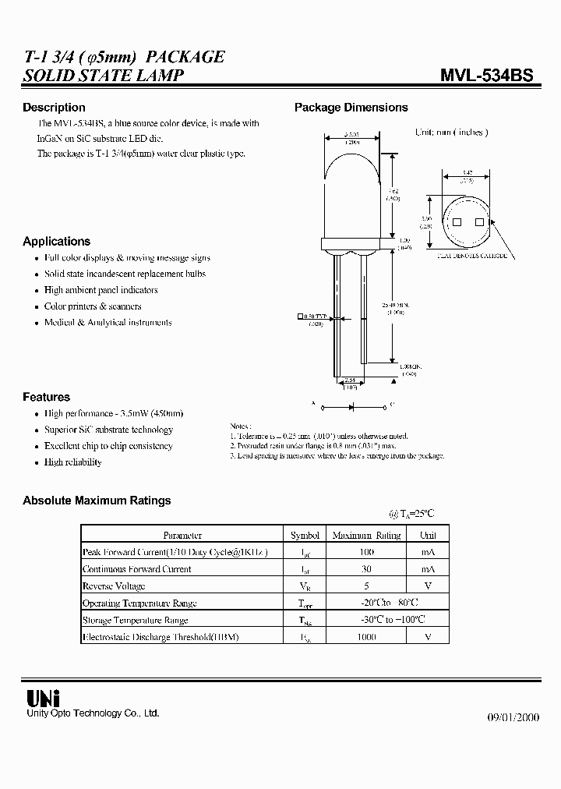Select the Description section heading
tap(54, 108)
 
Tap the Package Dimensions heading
tap(351, 108)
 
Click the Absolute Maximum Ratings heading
tap(97, 501)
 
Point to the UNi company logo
tap(38, 696)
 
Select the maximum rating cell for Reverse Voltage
tap(366, 586)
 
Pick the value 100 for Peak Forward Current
tap(366, 552)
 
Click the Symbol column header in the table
tap(305, 536)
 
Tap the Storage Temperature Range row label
tap(135, 621)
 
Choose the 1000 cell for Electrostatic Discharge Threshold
tap(366, 637)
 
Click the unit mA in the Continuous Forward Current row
tap(428, 569)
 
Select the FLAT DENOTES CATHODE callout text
tap(472, 255)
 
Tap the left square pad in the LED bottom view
tap(457, 222)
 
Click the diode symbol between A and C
tap(351, 406)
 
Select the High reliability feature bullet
tap(73, 462)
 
